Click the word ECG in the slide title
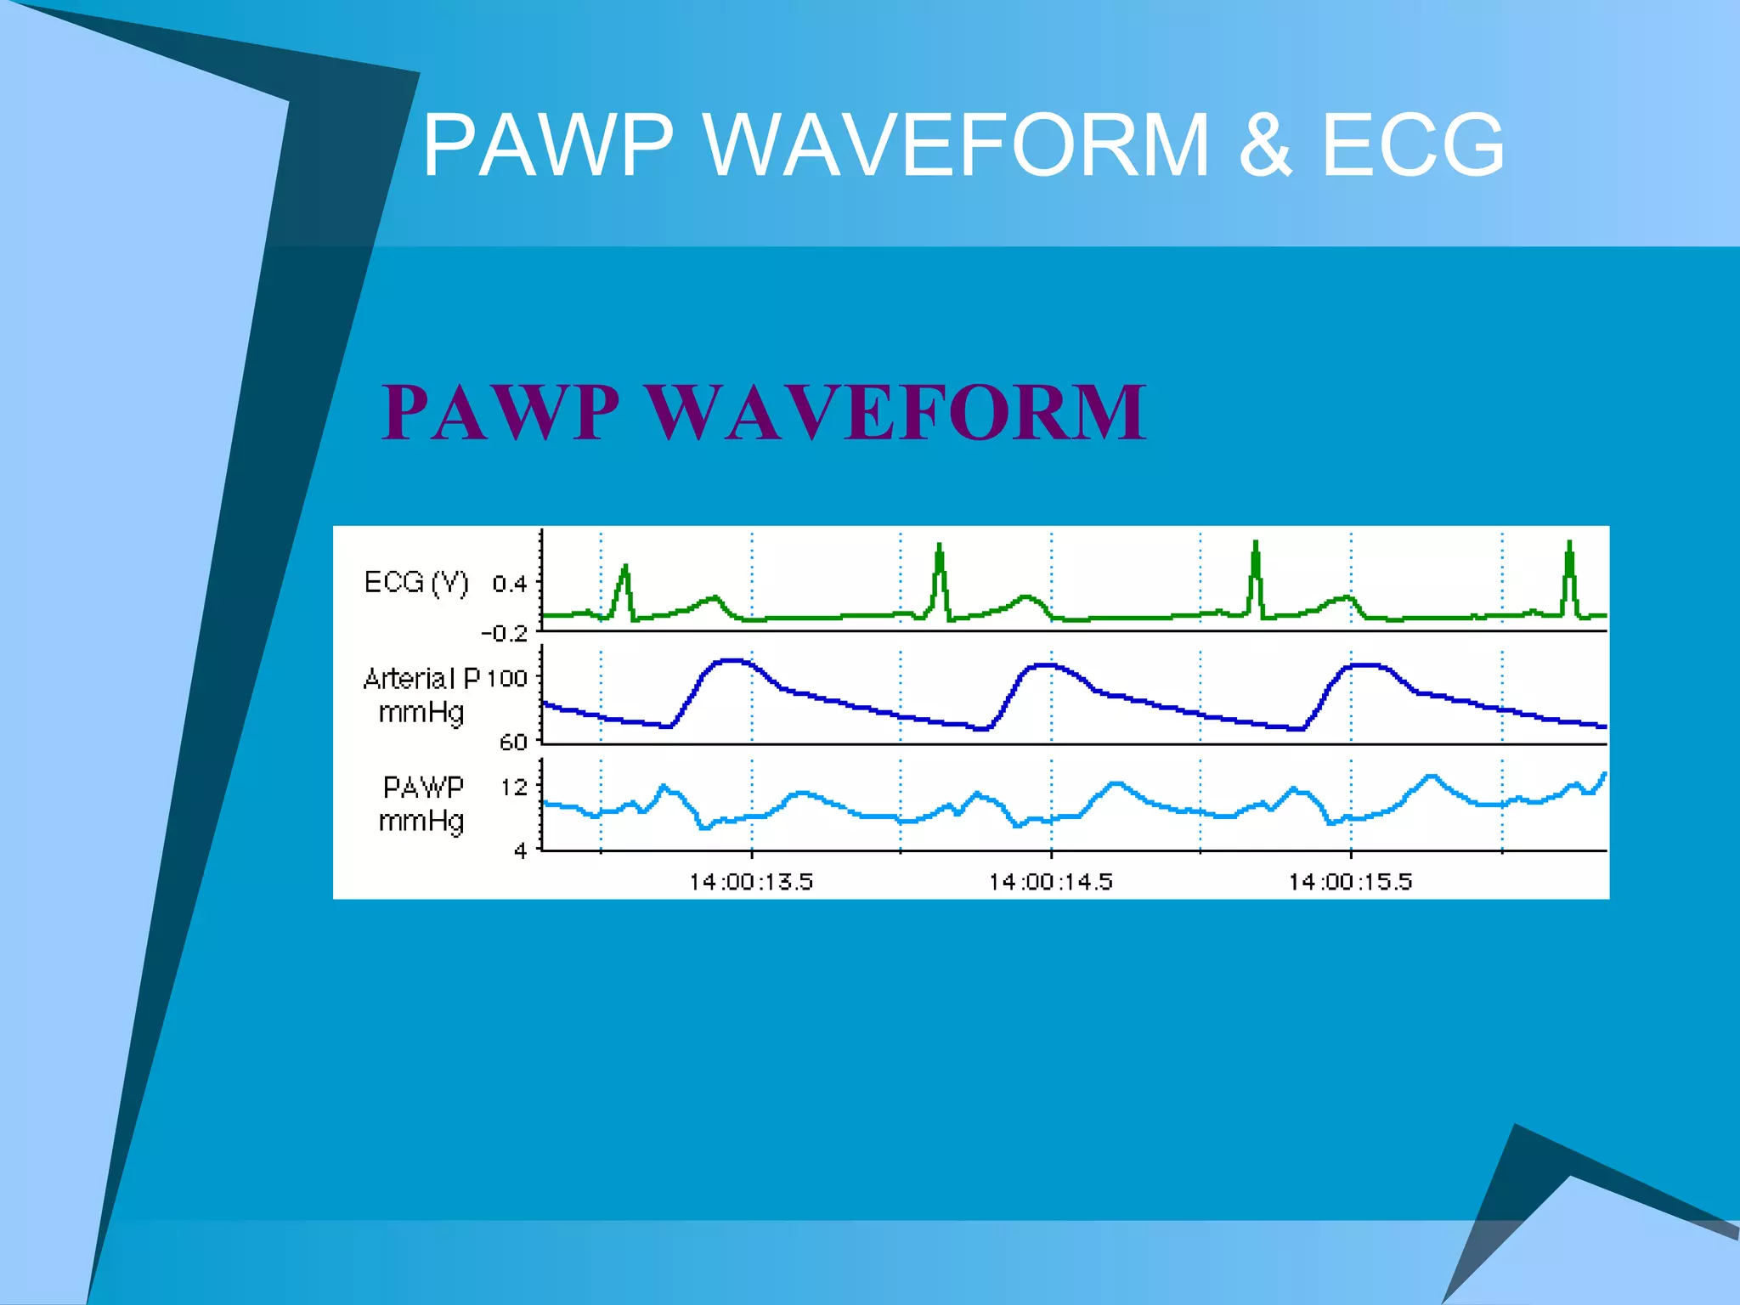pyautogui.click(x=1412, y=145)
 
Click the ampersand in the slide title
pyautogui.click(x=1265, y=145)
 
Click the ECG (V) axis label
pyautogui.click(x=415, y=583)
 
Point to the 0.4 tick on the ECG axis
pyautogui.click(x=510, y=584)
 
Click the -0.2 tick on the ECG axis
pyautogui.click(x=505, y=634)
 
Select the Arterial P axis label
pyautogui.click(x=421, y=679)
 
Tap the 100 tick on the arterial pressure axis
pyautogui.click(x=507, y=679)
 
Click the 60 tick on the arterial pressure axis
pyautogui.click(x=513, y=743)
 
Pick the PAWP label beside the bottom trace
pyautogui.click(x=423, y=788)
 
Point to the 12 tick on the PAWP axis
pyautogui.click(x=514, y=788)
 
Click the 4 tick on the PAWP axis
pyautogui.click(x=521, y=850)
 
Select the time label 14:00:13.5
pyautogui.click(x=751, y=882)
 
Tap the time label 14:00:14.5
pyautogui.click(x=1051, y=882)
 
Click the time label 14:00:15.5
pyautogui.click(x=1350, y=882)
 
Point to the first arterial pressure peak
pyautogui.click(x=732, y=660)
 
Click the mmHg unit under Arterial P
pyautogui.click(x=421, y=712)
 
